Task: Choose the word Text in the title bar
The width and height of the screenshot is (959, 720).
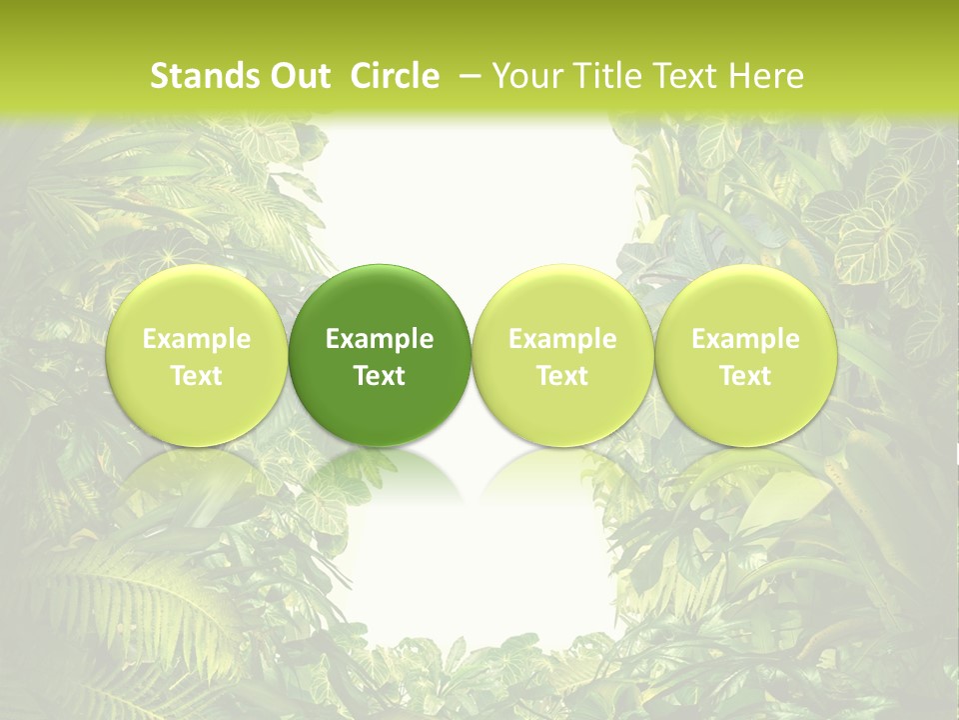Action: point(682,76)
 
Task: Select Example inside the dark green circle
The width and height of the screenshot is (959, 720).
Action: point(380,339)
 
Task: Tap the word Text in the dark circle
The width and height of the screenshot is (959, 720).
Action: point(380,376)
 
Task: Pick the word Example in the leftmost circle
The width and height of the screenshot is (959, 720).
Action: point(197,339)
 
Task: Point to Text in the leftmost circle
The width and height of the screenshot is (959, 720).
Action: point(197,376)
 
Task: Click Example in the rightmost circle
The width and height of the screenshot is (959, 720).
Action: point(746,339)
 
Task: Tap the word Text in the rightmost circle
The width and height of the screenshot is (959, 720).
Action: point(746,376)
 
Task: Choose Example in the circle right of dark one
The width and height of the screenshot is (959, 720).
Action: point(562,339)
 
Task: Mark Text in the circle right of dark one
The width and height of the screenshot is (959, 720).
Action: point(562,376)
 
